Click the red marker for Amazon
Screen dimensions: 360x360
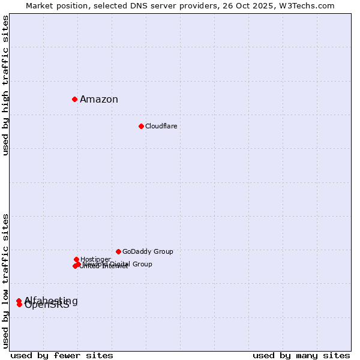coord(74,99)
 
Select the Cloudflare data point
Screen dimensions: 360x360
coord(141,126)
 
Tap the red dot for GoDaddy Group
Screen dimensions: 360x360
coord(118,251)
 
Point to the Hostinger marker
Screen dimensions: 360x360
coord(76,259)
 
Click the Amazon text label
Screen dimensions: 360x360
coord(99,100)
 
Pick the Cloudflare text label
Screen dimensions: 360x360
coord(161,126)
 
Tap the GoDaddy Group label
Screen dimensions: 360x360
coord(148,251)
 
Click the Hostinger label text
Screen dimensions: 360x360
coord(95,259)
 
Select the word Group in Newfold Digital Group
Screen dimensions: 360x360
coord(142,264)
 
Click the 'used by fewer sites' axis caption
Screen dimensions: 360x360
coord(62,355)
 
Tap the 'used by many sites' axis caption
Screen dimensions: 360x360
coord(301,355)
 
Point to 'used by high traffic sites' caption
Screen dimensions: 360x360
coord(5,85)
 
